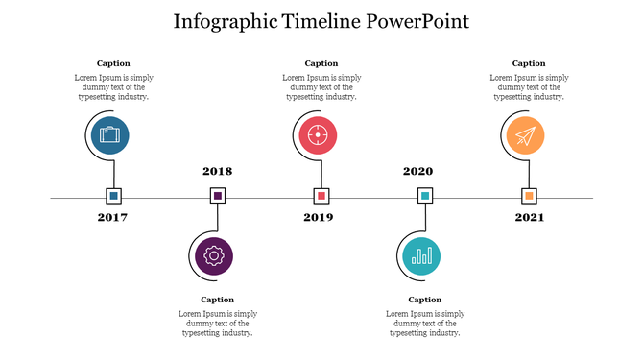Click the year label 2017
[112, 218]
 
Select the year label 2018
[218, 172]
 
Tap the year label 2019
[319, 218]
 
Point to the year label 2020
[417, 172]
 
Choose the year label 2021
[529, 218]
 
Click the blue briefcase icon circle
[110, 135]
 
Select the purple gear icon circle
[214, 256]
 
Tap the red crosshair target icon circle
[318, 135]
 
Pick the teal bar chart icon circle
[421, 256]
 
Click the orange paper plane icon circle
[523, 135]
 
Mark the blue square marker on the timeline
[114, 196]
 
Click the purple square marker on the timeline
[218, 196]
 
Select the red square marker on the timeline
[321, 196]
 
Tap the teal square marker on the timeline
[425, 196]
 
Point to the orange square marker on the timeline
[529, 196]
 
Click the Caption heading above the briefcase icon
[113, 63]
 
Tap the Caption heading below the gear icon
[217, 300]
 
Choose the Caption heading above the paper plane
[529, 63]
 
